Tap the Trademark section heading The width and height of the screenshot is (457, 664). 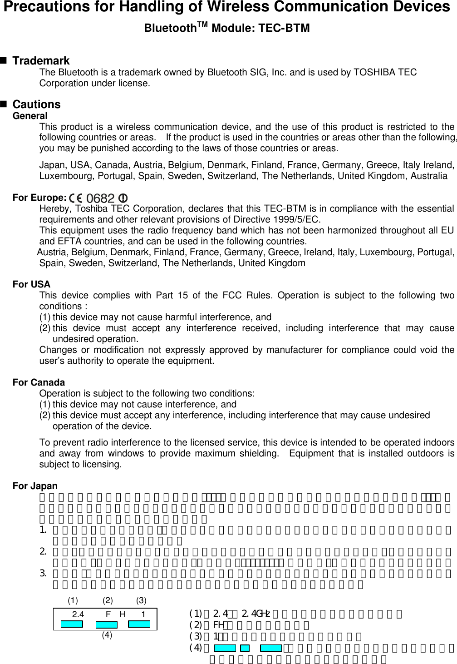(41, 61)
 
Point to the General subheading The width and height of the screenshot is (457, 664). (30, 116)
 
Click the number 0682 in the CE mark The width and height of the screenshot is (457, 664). (100, 198)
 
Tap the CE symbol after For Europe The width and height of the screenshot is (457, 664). (76, 198)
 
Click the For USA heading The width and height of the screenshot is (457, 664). (31, 285)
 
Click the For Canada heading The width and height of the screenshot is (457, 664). (39, 382)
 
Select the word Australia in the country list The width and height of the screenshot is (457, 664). (428, 176)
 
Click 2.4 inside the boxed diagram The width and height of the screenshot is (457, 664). (79, 615)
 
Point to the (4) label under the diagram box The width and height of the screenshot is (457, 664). (107, 635)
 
